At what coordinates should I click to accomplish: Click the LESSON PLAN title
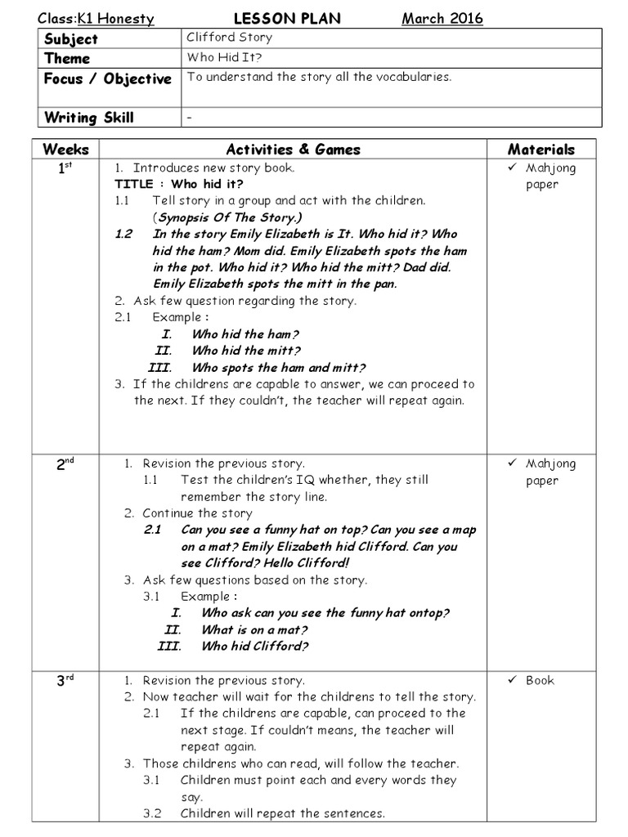[x=288, y=19]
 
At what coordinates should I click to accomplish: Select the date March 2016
[x=442, y=19]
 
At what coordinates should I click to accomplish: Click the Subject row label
[x=72, y=38]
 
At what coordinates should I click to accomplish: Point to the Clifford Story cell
[x=230, y=38]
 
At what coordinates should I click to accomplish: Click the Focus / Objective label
[x=108, y=78]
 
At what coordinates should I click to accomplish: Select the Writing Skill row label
[x=89, y=117]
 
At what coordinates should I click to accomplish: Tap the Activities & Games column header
[x=293, y=150]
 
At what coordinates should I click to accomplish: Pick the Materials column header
[x=541, y=150]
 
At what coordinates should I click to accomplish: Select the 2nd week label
[x=65, y=463]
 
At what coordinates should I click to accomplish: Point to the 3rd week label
[x=65, y=680]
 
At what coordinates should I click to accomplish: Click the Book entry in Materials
[x=540, y=680]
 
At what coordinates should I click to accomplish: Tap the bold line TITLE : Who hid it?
[x=179, y=184]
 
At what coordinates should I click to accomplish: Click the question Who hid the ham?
[x=245, y=334]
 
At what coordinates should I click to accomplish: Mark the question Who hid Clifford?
[x=254, y=647]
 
